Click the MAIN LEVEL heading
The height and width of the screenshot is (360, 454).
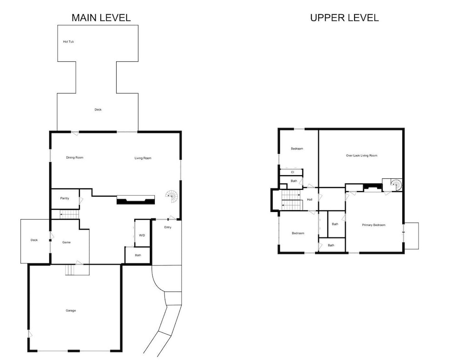click(x=101, y=18)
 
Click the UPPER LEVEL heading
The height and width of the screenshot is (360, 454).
click(x=344, y=18)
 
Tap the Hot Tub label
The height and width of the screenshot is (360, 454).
click(x=69, y=42)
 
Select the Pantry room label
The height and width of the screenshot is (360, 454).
click(x=64, y=198)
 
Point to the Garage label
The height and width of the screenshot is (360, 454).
click(x=71, y=311)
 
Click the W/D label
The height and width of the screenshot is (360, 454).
click(x=142, y=235)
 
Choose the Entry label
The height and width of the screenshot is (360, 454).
click(x=168, y=227)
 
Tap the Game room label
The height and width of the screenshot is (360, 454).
click(x=66, y=242)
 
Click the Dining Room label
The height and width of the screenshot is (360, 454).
click(x=75, y=158)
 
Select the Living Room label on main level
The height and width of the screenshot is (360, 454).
click(x=143, y=158)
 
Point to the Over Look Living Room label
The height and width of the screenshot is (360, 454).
click(x=362, y=156)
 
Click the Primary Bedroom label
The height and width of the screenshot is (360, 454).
click(x=374, y=225)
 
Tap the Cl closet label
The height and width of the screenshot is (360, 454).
click(x=292, y=172)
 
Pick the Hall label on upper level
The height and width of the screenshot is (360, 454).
click(x=310, y=200)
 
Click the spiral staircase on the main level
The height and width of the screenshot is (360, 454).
click(x=172, y=197)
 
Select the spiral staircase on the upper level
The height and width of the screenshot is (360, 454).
click(x=396, y=185)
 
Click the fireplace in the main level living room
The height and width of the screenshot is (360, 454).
click(x=135, y=200)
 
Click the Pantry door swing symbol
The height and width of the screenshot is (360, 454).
click(x=81, y=200)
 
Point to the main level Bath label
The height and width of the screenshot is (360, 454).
click(x=138, y=255)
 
